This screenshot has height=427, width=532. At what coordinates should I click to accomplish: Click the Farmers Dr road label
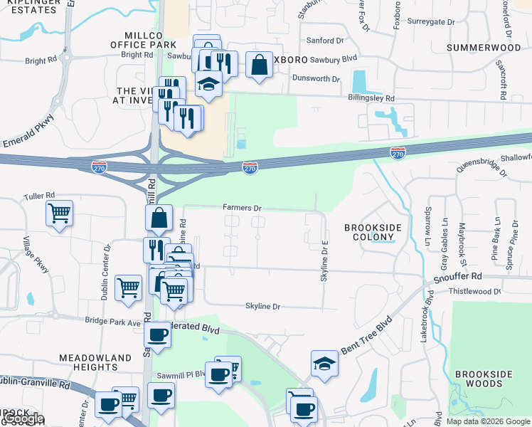point(243,208)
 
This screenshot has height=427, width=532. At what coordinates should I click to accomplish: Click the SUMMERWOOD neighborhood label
point(484,47)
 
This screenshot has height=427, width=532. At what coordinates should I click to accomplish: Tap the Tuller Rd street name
point(39,196)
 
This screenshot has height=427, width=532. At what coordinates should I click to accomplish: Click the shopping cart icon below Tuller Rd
point(60,211)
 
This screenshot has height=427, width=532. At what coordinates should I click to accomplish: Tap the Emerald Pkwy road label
point(28,128)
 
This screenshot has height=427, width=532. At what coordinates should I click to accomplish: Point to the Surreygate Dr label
point(431,22)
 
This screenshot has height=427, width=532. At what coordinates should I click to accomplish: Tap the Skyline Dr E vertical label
point(324,259)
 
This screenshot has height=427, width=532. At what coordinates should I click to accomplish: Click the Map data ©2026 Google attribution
point(487,421)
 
